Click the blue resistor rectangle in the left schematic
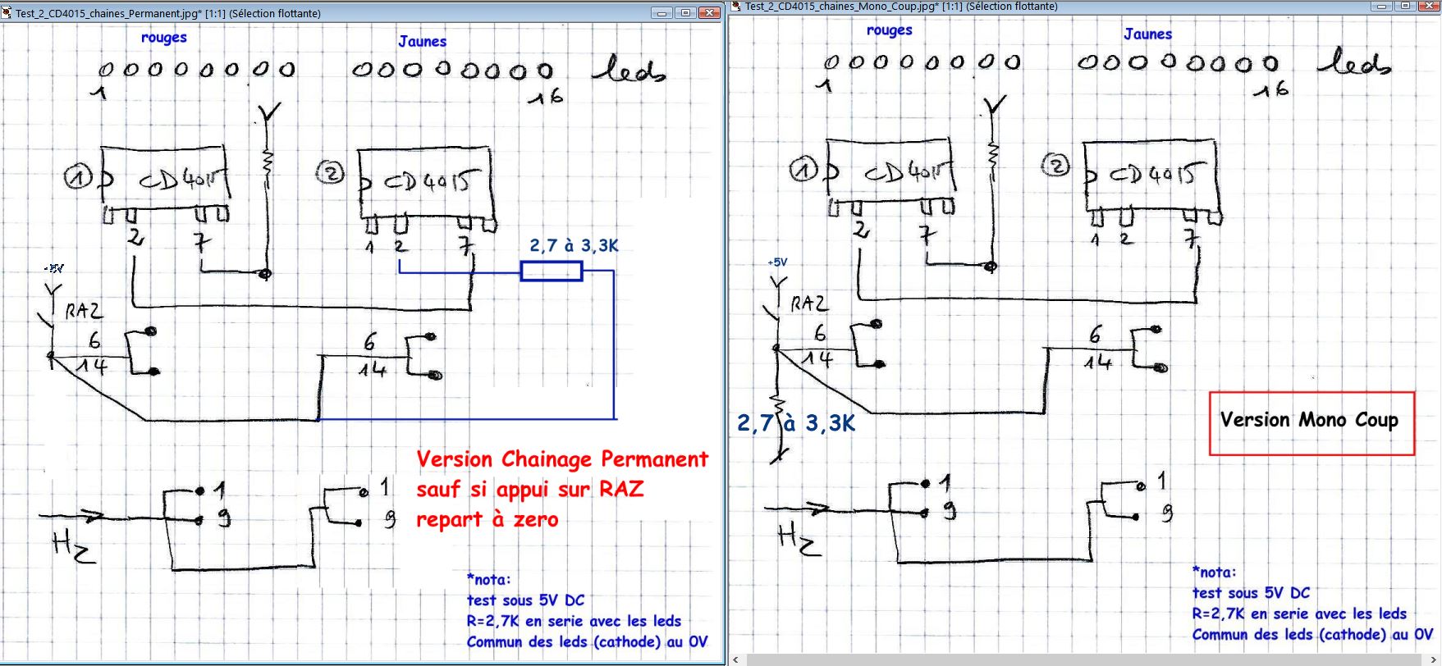click(552, 271)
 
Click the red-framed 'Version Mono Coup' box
click(1311, 423)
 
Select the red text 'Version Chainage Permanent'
click(562, 459)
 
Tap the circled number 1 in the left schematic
click(78, 177)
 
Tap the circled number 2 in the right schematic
click(1055, 166)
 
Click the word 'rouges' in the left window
click(163, 38)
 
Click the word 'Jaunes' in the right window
click(1147, 34)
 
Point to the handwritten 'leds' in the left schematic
click(629, 71)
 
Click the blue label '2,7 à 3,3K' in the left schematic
click(574, 245)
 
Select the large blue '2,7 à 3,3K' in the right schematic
click(795, 423)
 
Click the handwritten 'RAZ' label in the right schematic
click(809, 304)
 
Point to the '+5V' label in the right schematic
click(777, 262)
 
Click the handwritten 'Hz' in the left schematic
click(73, 546)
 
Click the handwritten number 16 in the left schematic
click(546, 98)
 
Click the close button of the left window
click(708, 13)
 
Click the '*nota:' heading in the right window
click(1214, 572)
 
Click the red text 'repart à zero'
click(487, 520)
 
